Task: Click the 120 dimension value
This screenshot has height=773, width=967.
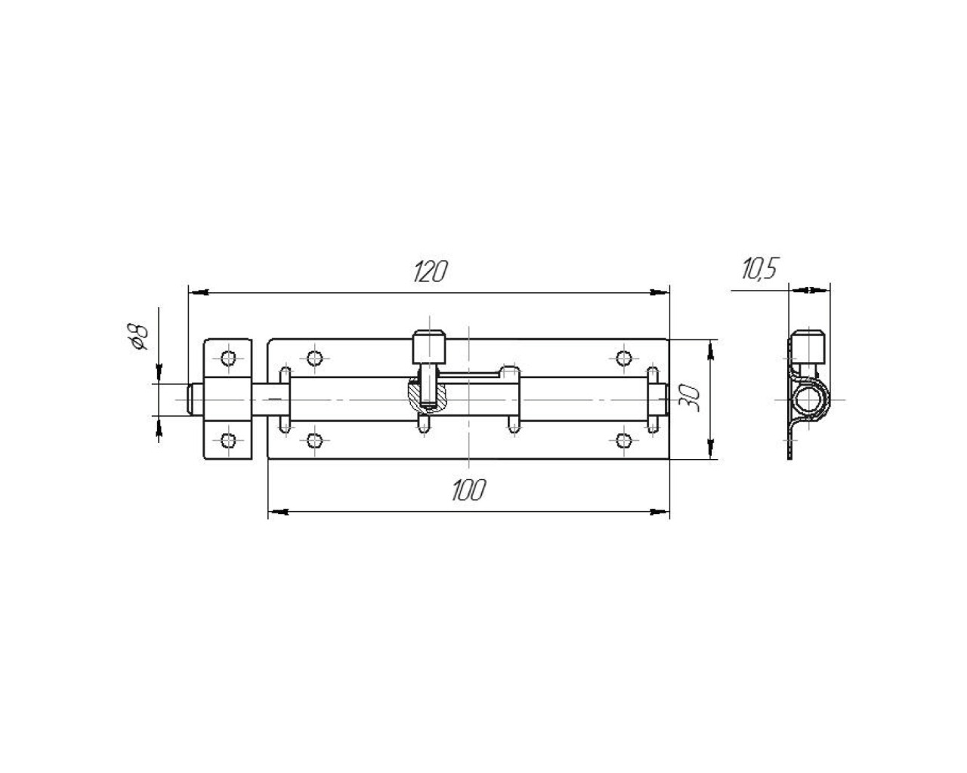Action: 430,272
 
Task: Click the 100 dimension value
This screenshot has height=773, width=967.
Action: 468,490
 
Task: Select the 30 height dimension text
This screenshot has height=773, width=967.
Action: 689,398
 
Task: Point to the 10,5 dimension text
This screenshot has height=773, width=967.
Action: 759,269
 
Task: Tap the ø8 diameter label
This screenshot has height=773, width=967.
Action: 137,337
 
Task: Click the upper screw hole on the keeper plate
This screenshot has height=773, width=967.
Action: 228,359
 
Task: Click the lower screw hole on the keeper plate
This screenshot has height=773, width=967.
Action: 228,441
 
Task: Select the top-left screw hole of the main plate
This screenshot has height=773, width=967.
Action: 314,359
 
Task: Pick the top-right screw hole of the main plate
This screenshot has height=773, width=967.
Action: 624,359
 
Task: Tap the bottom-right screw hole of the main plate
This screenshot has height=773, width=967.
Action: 624,441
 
